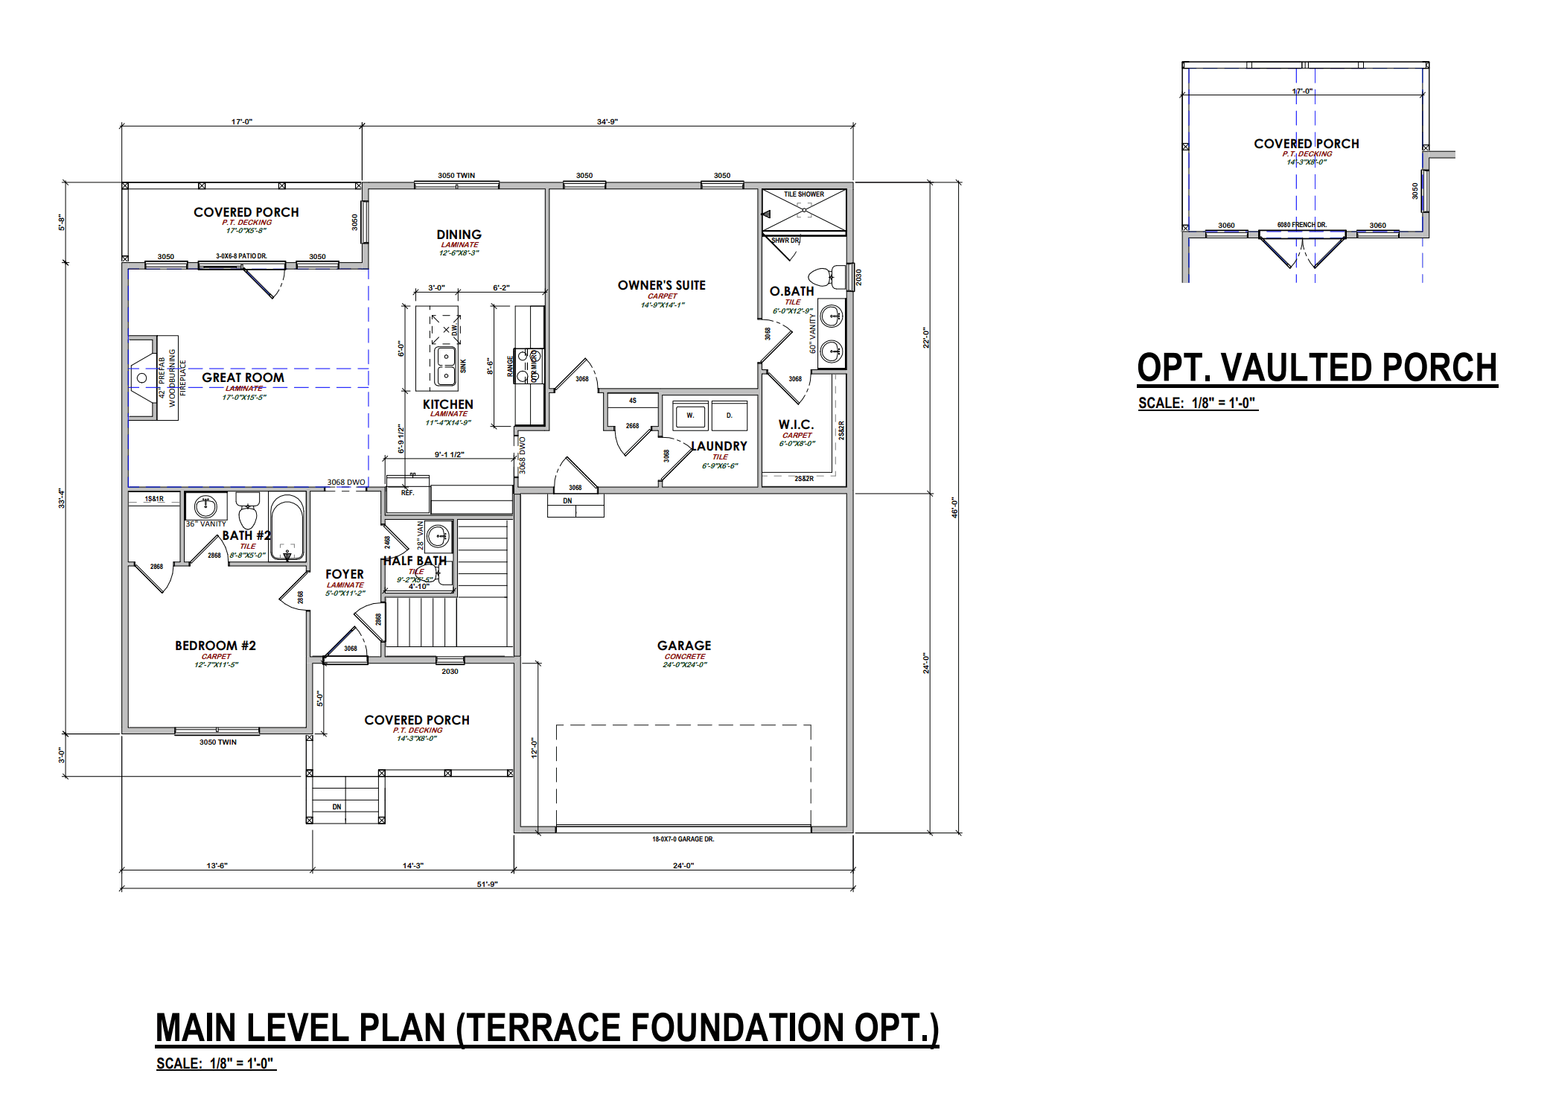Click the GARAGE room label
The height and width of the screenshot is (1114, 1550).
(x=683, y=646)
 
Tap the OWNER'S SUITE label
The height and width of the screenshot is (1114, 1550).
(x=661, y=285)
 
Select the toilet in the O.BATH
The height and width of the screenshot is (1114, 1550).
(x=825, y=277)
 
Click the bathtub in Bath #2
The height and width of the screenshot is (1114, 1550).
(x=287, y=527)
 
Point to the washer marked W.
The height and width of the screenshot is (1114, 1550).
(x=690, y=416)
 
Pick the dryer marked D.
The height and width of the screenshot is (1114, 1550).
(x=729, y=416)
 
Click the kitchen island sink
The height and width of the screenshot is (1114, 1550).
(x=445, y=366)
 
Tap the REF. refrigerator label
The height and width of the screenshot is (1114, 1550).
(x=407, y=493)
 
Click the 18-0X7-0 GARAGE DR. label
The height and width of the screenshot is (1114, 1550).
(x=683, y=839)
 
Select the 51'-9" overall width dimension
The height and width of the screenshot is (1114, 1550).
(x=487, y=884)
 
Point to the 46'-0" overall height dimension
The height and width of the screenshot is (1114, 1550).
(x=954, y=507)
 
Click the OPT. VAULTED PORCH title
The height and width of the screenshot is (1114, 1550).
(x=1316, y=368)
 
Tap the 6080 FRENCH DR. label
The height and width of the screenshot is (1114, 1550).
(x=1301, y=224)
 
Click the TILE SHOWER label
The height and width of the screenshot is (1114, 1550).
(x=803, y=194)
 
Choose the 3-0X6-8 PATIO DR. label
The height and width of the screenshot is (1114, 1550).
(x=241, y=256)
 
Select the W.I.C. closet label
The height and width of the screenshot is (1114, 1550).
(x=796, y=424)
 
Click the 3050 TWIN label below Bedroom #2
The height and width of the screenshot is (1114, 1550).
(x=217, y=742)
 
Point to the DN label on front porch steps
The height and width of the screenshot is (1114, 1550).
(x=337, y=806)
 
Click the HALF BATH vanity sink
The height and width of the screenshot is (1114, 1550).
(x=438, y=535)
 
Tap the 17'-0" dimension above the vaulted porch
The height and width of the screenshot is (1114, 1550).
(x=1301, y=92)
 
